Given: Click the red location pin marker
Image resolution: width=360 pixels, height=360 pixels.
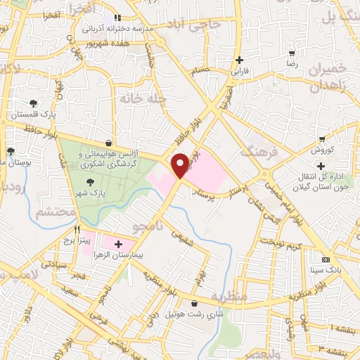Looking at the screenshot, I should (x=181, y=164).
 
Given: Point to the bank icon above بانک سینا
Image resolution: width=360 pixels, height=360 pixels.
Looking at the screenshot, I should (x=324, y=259).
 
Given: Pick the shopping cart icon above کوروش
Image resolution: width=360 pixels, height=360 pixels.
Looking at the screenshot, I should (x=321, y=139).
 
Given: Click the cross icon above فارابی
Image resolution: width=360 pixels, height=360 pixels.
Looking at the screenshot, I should (x=240, y=60).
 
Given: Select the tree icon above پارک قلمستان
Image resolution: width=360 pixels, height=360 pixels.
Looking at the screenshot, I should (x=34, y=103).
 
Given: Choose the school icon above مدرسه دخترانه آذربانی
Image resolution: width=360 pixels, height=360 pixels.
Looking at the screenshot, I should (x=117, y=18).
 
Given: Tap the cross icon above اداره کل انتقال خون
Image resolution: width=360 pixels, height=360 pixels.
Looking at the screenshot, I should (x=321, y=166).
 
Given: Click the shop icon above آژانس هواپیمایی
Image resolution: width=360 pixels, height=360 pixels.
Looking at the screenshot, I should (x=107, y=141).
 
